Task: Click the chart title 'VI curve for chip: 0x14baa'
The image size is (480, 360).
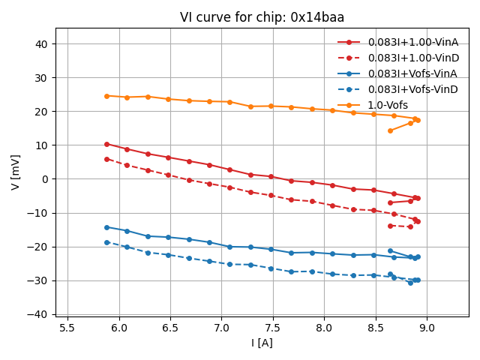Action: [262, 17]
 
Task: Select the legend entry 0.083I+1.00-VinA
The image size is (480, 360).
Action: [412, 42]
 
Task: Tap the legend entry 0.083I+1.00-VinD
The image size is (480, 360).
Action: [412, 58]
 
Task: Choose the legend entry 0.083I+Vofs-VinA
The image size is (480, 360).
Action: [412, 73]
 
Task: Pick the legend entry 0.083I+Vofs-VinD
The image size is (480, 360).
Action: [412, 89]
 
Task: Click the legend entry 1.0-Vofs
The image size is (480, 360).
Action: [388, 105]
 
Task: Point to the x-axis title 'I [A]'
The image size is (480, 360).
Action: [262, 343]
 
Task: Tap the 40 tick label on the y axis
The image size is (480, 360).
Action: [42, 44]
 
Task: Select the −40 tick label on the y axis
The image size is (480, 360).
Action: [39, 314]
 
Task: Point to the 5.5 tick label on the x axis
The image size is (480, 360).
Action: [67, 328]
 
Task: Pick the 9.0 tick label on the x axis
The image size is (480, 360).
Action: [427, 328]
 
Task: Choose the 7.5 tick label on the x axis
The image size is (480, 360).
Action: [273, 328]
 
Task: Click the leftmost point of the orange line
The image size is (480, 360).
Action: [106, 96]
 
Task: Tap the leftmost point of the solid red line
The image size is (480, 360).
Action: [106, 144]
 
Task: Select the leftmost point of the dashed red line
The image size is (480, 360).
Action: [106, 159]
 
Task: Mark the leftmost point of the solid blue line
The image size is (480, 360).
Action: [106, 227]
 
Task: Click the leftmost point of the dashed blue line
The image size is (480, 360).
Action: [106, 242]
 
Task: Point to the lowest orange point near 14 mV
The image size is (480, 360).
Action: [390, 130]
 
